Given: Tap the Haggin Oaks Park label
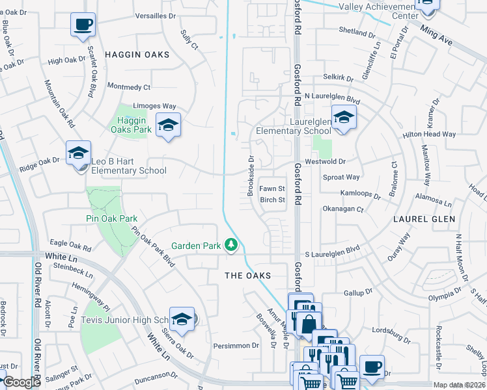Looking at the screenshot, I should (x=134, y=124).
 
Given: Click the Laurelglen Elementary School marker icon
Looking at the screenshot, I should (x=342, y=117).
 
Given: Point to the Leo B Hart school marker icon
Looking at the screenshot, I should (x=78, y=153).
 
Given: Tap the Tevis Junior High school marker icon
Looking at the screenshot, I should (x=182, y=319).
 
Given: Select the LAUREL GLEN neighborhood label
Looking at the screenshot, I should (x=424, y=219).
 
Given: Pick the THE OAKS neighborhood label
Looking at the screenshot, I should (x=247, y=276).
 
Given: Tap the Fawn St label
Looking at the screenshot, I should (x=273, y=188).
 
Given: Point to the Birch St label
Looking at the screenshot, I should (x=273, y=200).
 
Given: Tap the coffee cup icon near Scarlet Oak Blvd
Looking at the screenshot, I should (x=83, y=25).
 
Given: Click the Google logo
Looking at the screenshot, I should (x=21, y=382).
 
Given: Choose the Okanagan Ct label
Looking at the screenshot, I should (x=342, y=209).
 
